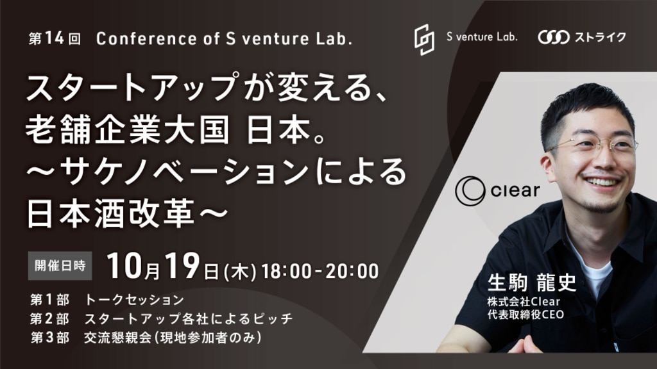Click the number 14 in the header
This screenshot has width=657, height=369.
coord(55,38)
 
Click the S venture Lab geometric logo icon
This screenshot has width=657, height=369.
coord(424,39)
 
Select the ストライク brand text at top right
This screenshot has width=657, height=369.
coord(600,37)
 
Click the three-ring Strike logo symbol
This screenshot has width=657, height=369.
coord(554,37)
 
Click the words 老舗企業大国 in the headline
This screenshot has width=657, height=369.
coord(128,130)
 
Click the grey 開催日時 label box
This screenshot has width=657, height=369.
coord(60,266)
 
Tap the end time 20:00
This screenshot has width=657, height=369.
coord(352,271)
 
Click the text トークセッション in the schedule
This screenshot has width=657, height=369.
coord(135,300)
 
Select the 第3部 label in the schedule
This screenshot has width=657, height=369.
coord(49,337)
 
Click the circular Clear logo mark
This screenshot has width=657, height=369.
coord(470,191)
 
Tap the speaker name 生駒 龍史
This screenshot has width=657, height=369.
coord(532,283)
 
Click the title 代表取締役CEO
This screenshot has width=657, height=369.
coord(525,314)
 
